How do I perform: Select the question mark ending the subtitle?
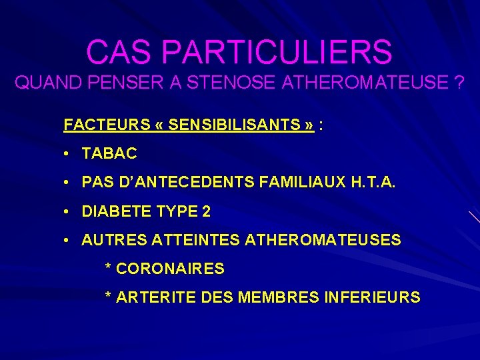click(x=459, y=83)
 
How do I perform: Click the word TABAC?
click(x=109, y=153)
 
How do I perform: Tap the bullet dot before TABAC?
click(x=68, y=153)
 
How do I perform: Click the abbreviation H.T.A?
click(x=372, y=183)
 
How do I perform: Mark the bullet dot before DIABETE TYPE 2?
click(x=68, y=212)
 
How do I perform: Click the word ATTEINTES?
click(x=197, y=240)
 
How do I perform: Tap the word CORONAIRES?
click(x=170, y=269)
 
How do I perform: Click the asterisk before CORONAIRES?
click(x=109, y=268)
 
